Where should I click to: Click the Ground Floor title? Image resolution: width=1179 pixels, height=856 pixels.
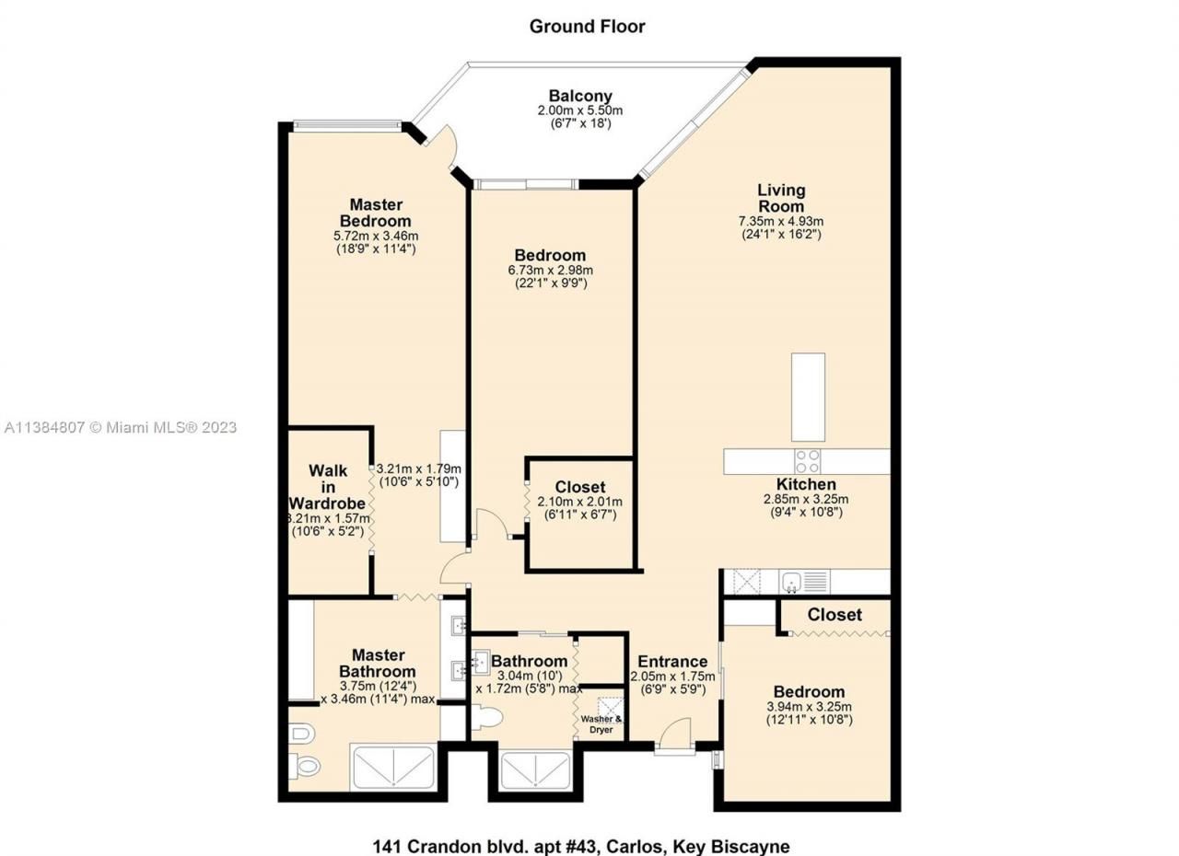[587, 26]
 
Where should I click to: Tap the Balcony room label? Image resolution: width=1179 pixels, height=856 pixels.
[580, 96]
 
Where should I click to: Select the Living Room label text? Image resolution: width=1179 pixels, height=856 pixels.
[781, 198]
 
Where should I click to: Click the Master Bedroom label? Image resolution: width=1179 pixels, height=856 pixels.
[375, 213]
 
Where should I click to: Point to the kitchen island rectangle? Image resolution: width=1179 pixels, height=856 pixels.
[808, 397]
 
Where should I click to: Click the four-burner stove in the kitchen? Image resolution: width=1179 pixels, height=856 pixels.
[809, 461]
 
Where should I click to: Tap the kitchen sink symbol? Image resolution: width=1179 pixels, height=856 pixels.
[791, 582]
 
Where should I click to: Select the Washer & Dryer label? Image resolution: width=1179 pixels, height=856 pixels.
[601, 724]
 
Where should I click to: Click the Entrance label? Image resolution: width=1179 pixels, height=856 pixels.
[672, 661]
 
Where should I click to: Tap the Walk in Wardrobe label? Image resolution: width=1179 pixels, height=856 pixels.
[328, 487]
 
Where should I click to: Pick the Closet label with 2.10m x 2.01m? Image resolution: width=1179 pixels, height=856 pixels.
[580, 487]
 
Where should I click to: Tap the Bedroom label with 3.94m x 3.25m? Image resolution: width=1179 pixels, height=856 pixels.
[809, 692]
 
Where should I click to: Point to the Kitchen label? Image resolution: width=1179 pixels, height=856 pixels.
[806, 484]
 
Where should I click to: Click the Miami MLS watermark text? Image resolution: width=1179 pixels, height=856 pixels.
[120, 427]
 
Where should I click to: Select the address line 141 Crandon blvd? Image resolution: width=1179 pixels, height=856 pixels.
[581, 845]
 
